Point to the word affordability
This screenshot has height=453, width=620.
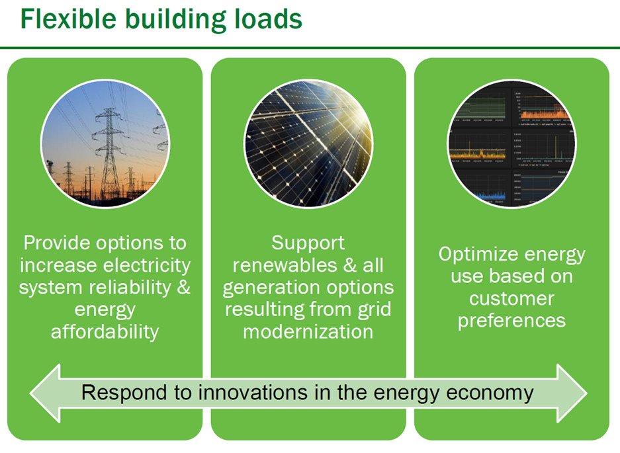point(105,331)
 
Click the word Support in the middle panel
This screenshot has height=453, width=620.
point(308,243)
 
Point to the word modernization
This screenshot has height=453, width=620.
point(308,331)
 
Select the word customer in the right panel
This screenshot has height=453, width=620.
point(511,298)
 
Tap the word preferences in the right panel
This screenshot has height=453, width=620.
point(511,321)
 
